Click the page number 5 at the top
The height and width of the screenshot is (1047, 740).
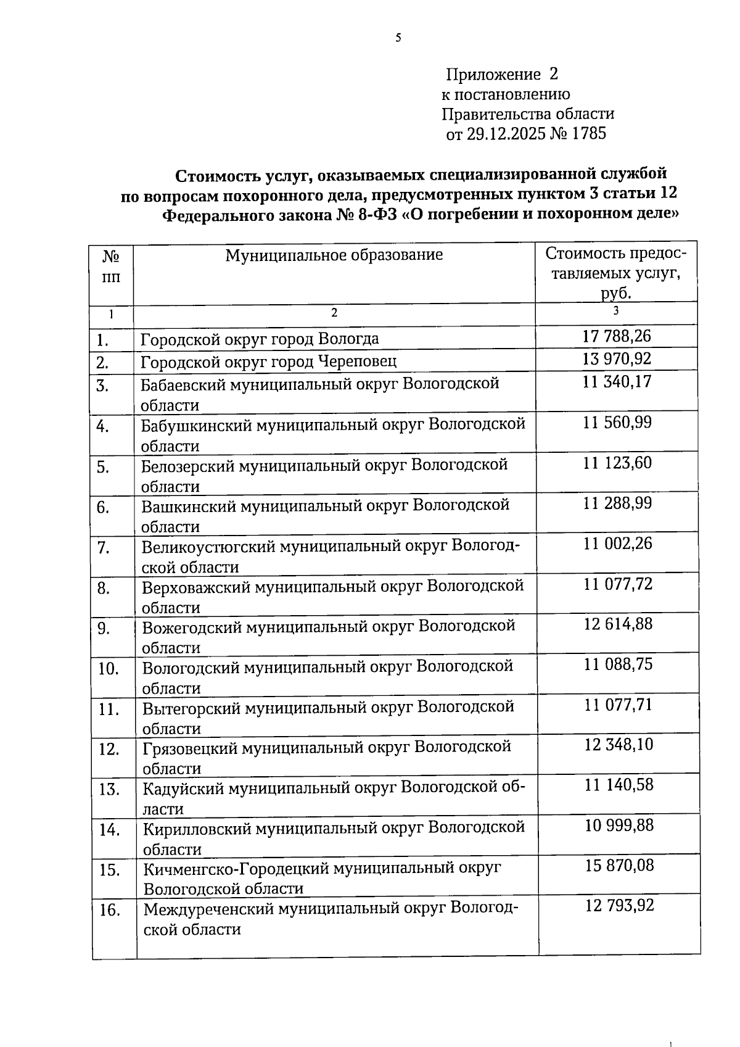(x=398, y=38)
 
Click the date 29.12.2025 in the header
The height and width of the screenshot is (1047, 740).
(x=506, y=134)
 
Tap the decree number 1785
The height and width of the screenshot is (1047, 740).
(x=589, y=134)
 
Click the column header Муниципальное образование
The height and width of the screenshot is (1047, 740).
(x=334, y=255)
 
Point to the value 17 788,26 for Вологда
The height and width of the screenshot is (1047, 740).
(x=617, y=336)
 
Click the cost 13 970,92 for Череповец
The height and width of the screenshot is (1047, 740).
(x=617, y=358)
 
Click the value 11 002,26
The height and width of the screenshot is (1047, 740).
(x=617, y=544)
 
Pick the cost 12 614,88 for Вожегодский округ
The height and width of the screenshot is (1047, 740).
(x=618, y=624)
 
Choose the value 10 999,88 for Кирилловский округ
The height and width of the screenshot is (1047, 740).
(x=619, y=826)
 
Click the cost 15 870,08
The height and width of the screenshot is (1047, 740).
(x=619, y=866)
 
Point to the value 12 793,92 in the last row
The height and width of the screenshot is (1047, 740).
(x=619, y=906)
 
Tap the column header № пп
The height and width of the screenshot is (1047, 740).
(x=111, y=266)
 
